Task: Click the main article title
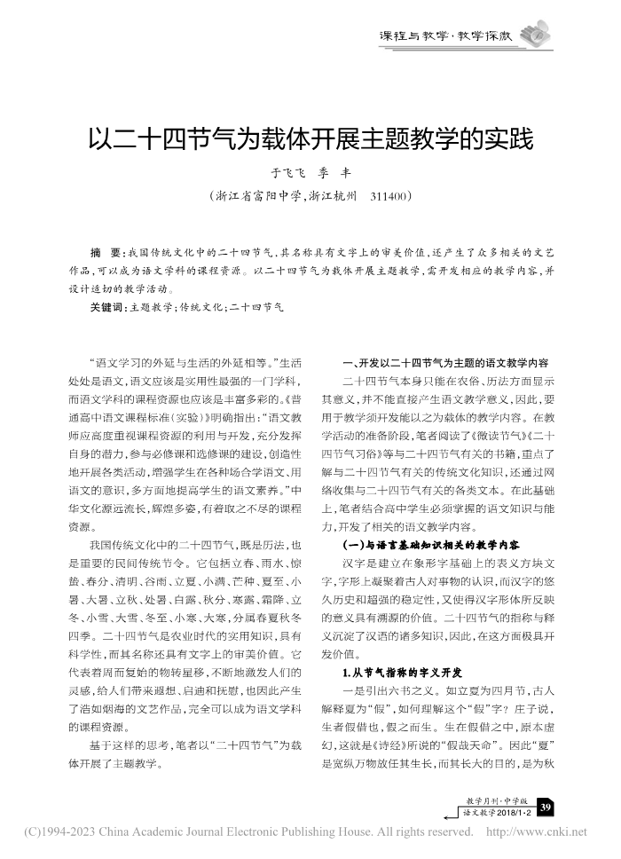pos(310,140)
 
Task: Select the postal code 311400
pos(387,194)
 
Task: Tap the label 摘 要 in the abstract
pos(106,251)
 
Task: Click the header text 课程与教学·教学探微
pos(446,36)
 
